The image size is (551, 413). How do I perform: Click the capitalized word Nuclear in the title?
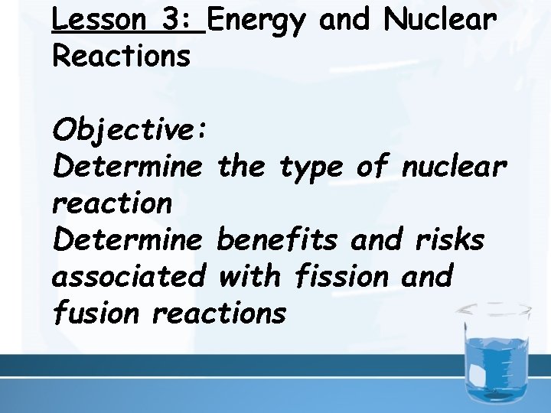[442, 20]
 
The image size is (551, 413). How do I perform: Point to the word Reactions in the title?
[121, 56]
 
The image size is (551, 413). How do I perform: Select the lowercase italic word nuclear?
[453, 167]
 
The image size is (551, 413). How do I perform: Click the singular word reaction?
[112, 203]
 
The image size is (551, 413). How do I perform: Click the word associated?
[129, 276]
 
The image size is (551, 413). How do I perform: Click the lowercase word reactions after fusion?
[220, 313]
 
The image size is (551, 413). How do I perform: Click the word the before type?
[244, 167]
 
